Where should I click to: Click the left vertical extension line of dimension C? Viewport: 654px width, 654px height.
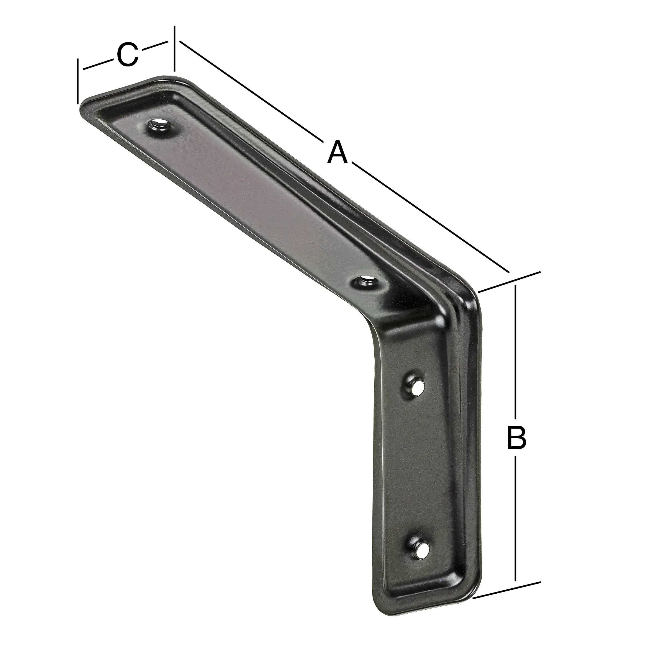pyautogui.click(x=78, y=81)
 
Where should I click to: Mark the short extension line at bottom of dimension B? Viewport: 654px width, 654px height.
pyautogui.click(x=506, y=566)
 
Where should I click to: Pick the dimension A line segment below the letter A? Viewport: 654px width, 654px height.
pyautogui.click(x=430, y=217)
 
